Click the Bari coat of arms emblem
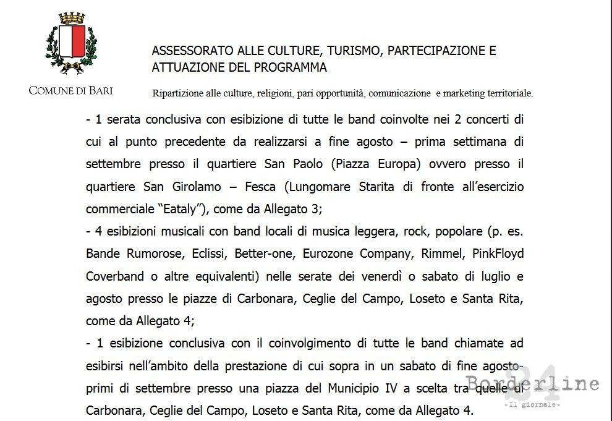click(71, 45)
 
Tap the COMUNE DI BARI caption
click(71, 91)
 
